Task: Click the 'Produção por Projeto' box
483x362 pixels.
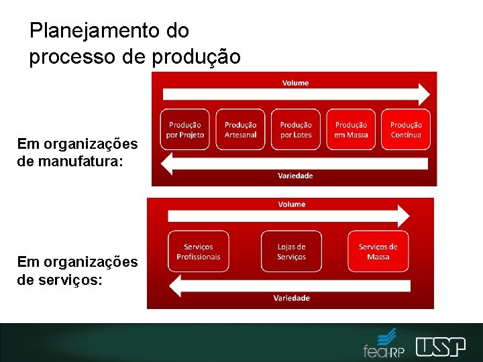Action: tap(185, 129)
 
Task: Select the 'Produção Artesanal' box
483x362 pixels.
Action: tap(240, 129)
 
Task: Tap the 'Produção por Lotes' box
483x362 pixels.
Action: tap(296, 129)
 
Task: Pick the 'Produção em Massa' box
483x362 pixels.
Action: tap(351, 129)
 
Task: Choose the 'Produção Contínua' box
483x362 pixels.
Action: tap(406, 129)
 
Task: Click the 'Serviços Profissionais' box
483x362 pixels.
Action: tap(198, 251)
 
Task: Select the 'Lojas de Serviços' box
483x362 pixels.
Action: tap(291, 251)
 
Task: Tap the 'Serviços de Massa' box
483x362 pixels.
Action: tap(378, 251)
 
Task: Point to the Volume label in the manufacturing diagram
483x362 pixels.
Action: tap(295, 83)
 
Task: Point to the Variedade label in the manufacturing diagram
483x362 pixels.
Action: tap(295, 176)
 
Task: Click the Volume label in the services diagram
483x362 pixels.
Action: tap(291, 204)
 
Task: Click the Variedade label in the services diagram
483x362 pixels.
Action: tap(291, 298)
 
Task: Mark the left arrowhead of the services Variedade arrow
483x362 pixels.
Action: tap(175, 286)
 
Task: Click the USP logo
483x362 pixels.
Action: tap(440, 347)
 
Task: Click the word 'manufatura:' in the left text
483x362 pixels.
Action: tap(89, 161)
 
